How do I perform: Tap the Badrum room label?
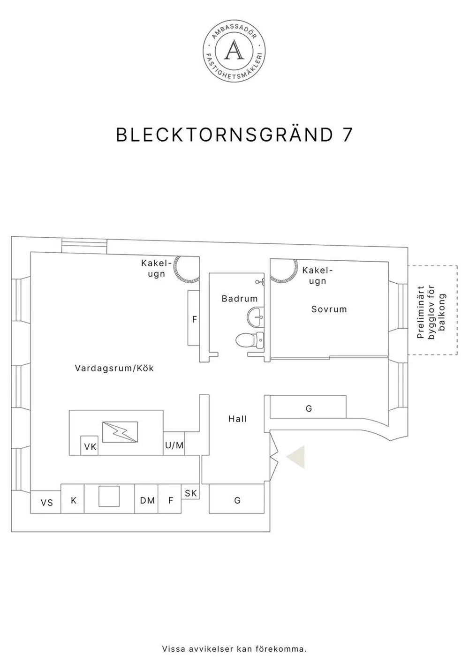coord(240,299)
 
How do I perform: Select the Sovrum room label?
coord(329,309)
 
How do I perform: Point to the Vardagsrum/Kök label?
coord(114,369)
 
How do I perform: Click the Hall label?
coord(237,419)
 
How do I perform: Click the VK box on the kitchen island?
coord(90,446)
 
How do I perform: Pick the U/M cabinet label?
coord(174,445)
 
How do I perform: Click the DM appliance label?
coord(147,501)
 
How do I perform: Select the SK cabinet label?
coord(190,493)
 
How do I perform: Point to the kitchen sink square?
coord(109,497)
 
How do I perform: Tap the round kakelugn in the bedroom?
coord(283,270)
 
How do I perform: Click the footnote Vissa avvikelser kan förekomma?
coord(234,649)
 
